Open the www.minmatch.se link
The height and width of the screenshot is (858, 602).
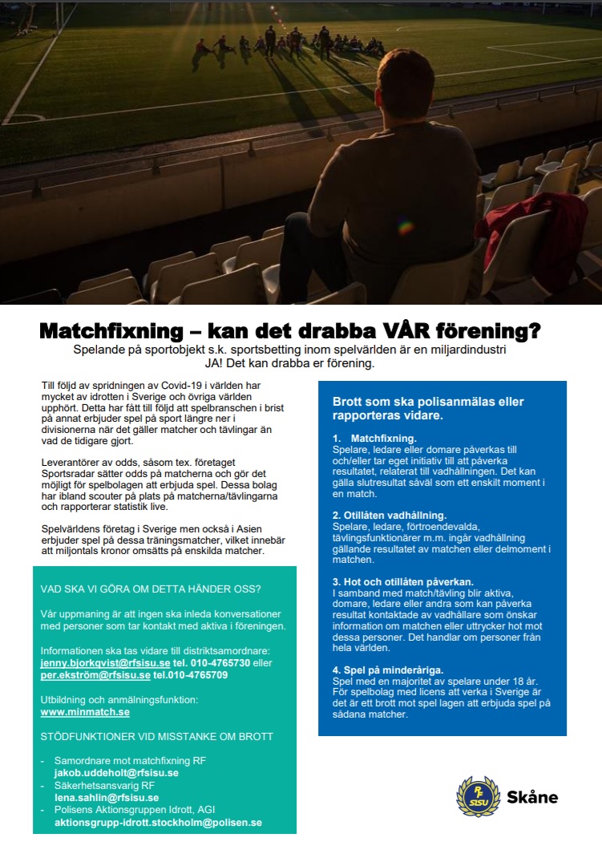tap(85, 711)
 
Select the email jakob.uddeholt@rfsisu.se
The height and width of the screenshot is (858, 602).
tap(115, 773)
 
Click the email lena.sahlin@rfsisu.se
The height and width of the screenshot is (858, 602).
tap(106, 798)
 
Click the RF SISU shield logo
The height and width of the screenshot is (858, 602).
tap(478, 795)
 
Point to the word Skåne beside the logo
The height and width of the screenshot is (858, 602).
tap(532, 797)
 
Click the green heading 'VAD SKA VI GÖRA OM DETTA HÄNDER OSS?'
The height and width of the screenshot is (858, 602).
tap(151, 589)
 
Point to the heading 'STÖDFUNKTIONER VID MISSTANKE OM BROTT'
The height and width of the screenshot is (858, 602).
tap(157, 736)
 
